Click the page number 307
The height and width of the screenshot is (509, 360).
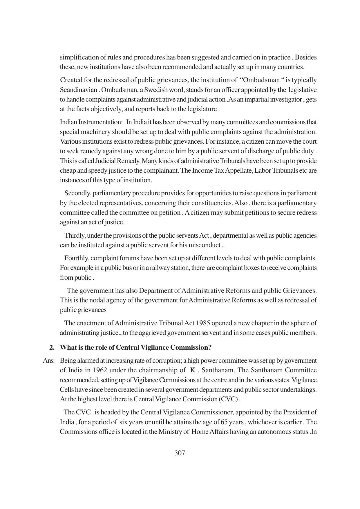180,453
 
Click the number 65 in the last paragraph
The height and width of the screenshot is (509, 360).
224,422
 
